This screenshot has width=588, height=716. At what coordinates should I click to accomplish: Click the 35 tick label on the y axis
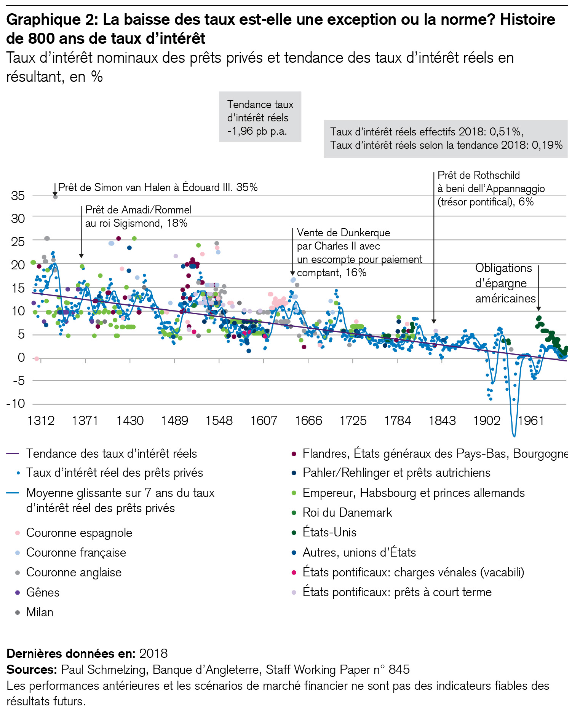pyautogui.click(x=18, y=196)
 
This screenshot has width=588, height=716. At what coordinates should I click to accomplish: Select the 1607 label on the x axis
pyautogui.click(x=264, y=420)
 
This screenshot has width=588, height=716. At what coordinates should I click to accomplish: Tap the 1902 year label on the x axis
pyautogui.click(x=486, y=420)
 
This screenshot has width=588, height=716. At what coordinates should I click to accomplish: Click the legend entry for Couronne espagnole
pyautogui.click(x=79, y=533)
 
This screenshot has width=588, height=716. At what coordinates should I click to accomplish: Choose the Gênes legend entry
pyautogui.click(x=43, y=592)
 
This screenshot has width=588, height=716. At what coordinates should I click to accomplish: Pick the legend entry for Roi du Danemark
pyautogui.click(x=347, y=512)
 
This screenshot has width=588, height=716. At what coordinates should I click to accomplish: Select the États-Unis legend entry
pyautogui.click(x=329, y=532)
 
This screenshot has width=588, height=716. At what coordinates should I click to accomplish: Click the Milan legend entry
pyautogui.click(x=40, y=612)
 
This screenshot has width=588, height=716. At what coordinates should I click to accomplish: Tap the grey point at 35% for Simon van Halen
pyautogui.click(x=55, y=197)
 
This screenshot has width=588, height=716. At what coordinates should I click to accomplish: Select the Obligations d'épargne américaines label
pyautogui.click(x=505, y=283)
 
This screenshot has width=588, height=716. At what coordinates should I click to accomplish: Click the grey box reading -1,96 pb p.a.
pyautogui.click(x=260, y=117)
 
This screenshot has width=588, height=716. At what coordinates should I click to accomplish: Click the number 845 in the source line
pyautogui.click(x=399, y=669)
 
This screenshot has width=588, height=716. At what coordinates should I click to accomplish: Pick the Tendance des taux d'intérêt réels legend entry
pyautogui.click(x=111, y=453)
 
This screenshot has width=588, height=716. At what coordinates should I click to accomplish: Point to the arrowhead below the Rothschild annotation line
pyautogui.click(x=434, y=321)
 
